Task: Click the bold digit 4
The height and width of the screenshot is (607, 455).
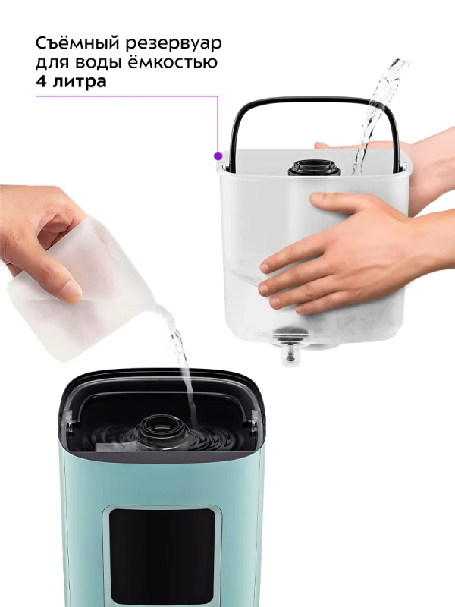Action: coord(42,82)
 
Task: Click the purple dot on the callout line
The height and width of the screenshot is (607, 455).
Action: coord(218,155)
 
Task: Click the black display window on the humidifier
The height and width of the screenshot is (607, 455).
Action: coord(162,554)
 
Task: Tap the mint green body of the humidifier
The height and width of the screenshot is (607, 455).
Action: coord(83,531)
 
